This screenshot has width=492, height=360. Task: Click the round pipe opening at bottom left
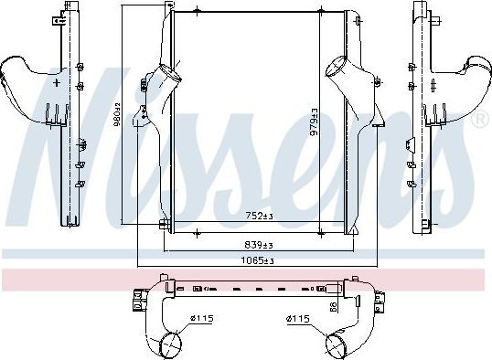click(168, 344)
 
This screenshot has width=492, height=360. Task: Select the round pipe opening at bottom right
click(337, 345)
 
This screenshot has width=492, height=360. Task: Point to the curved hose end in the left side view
click(16, 72)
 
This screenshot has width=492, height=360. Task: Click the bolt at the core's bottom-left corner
click(163, 227)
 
